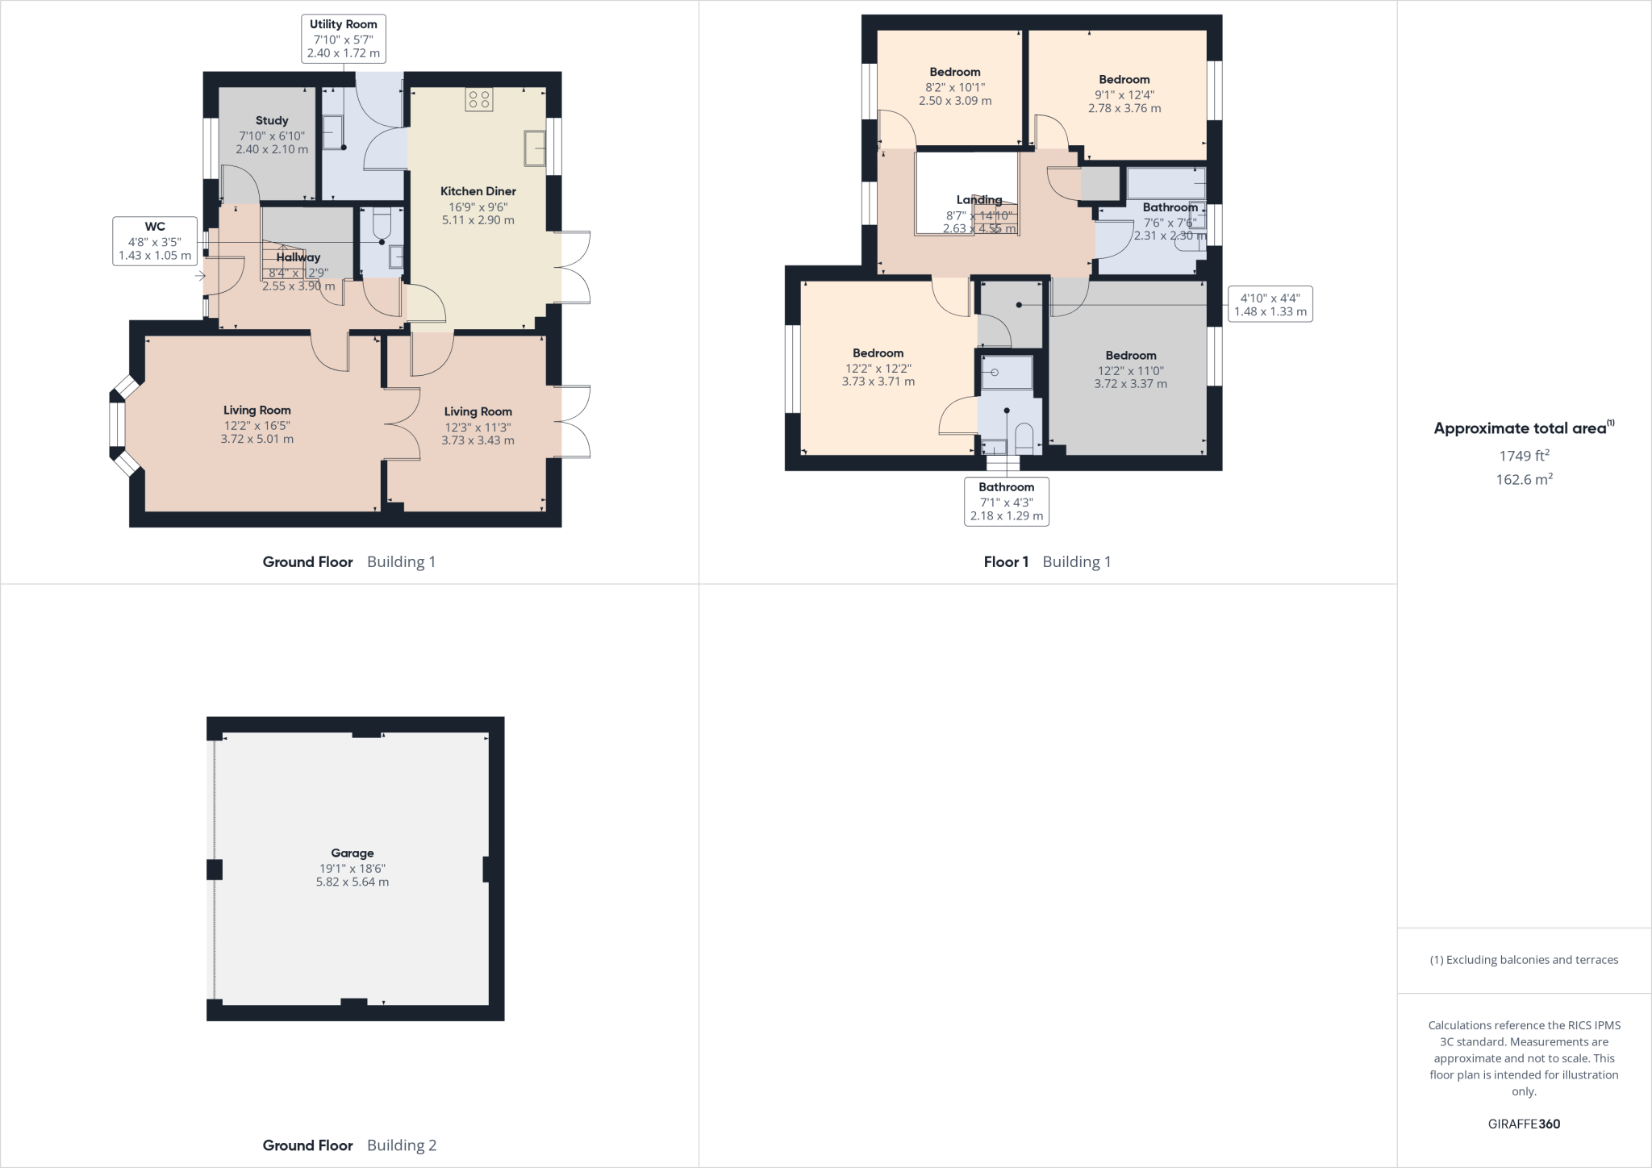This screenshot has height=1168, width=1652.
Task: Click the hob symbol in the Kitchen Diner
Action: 479,100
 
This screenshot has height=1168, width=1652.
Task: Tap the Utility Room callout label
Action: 344,38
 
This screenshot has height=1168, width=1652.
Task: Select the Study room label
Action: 272,120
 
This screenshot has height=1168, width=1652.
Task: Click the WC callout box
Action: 155,240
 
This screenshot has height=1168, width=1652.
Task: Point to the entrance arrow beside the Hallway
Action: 199,277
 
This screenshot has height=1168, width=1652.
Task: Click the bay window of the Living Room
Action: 118,423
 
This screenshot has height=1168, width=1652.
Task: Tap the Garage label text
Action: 353,853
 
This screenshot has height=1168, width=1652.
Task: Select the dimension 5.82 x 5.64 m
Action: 353,882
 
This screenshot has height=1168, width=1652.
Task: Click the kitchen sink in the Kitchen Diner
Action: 535,148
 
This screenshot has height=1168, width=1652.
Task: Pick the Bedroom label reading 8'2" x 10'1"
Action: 955,86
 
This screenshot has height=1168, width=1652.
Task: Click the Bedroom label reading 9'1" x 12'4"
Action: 1124,93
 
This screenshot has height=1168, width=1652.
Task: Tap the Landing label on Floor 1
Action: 979,200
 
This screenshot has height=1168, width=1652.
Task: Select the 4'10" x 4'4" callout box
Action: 1270,304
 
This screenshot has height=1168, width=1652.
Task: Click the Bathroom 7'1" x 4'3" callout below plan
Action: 1006,501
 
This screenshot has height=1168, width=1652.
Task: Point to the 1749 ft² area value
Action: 1525,456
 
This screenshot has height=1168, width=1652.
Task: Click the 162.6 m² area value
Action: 1525,479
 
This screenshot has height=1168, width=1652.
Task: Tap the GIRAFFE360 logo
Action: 1524,1124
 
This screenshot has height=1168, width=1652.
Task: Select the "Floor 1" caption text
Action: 1006,561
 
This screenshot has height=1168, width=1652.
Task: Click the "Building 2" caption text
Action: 402,1145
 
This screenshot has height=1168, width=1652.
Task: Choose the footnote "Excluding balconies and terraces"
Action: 1524,960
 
